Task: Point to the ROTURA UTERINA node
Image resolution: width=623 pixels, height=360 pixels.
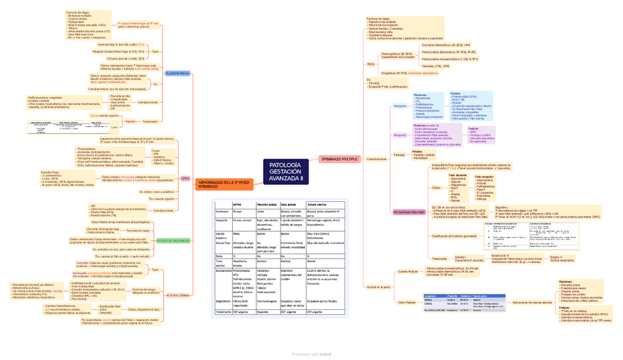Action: (178, 295)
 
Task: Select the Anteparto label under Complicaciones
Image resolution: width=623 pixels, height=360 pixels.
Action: (400, 106)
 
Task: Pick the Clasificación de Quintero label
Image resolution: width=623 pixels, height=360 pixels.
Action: (455, 235)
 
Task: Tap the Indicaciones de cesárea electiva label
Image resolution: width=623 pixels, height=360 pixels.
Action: (532, 301)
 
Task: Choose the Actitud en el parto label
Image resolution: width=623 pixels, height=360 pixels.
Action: (378, 287)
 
